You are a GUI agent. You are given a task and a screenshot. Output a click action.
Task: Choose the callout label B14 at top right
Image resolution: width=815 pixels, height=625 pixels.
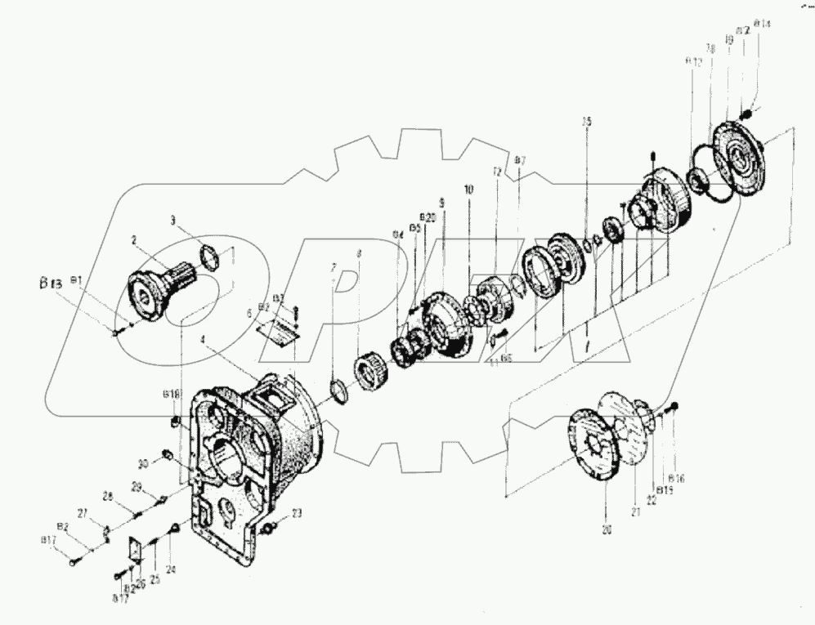click(763, 25)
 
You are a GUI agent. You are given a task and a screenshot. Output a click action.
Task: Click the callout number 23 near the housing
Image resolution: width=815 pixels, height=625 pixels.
click(297, 513)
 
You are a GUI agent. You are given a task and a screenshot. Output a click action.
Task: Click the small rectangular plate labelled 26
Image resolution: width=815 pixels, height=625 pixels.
click(137, 547)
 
